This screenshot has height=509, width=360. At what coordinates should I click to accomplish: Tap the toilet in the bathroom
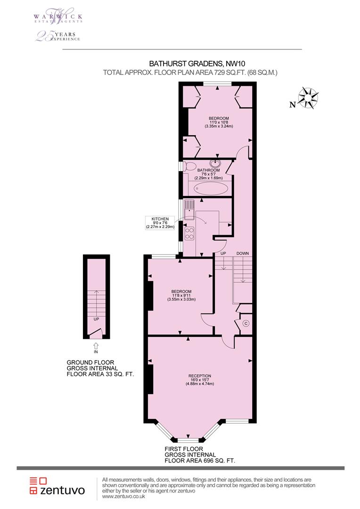click(191, 166)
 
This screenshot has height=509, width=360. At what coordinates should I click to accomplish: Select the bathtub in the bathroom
click(211, 189)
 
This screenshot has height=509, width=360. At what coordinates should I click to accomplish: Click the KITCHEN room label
click(160, 219)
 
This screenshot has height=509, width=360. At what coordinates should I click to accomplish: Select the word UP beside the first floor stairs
click(224, 254)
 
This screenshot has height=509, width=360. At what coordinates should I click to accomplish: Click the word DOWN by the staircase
click(243, 254)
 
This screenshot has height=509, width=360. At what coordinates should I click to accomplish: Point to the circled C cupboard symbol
click(245, 323)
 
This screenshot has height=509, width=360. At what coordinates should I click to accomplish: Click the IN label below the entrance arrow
click(96, 352)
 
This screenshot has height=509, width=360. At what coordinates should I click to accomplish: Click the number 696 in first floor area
click(211, 460)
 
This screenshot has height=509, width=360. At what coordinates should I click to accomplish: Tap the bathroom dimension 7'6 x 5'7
click(209, 174)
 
